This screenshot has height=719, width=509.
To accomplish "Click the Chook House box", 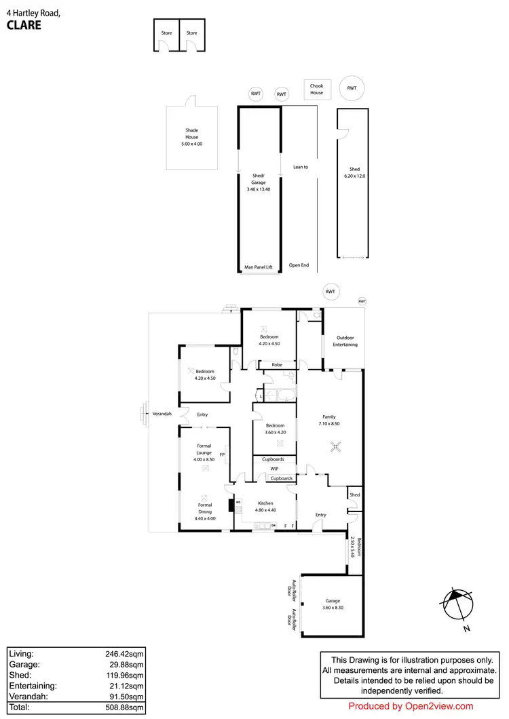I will [317, 89].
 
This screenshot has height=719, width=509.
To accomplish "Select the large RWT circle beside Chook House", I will [352, 89].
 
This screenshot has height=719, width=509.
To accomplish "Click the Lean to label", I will [301, 166].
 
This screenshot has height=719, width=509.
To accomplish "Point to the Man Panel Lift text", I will [258, 267].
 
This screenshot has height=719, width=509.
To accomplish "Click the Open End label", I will [299, 265].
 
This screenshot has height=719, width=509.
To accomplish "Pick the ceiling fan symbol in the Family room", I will [334, 446].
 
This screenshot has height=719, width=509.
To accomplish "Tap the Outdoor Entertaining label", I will [345, 341].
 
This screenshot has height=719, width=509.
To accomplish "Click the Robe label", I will [276, 365].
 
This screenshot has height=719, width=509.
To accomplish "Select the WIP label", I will [274, 469].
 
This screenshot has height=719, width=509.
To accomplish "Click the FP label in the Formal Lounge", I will [222, 454].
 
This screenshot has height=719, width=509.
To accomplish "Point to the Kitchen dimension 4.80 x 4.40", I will [265, 509].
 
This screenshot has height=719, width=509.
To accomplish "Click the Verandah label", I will [161, 414].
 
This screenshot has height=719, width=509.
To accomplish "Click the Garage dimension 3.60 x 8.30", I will [333, 607].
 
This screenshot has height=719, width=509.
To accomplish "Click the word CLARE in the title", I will [24, 26].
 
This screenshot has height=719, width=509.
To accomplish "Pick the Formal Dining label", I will [205, 508].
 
